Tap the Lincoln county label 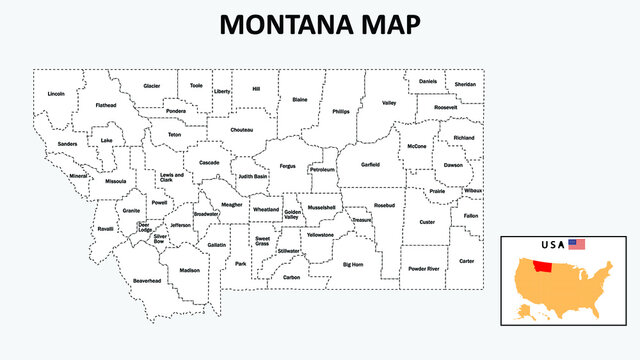(56, 94)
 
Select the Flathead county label (106, 105)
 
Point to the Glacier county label (152, 86)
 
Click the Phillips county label (341, 111)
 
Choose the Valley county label (389, 103)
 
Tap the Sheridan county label (465, 84)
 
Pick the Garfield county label (370, 164)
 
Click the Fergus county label (288, 166)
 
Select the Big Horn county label (353, 265)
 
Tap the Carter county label (466, 260)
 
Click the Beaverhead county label (147, 281)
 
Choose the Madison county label (189, 270)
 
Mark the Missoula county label (116, 181)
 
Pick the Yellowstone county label (321, 234)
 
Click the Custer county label (427, 222)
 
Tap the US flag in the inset (576, 244)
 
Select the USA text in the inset (551, 244)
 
